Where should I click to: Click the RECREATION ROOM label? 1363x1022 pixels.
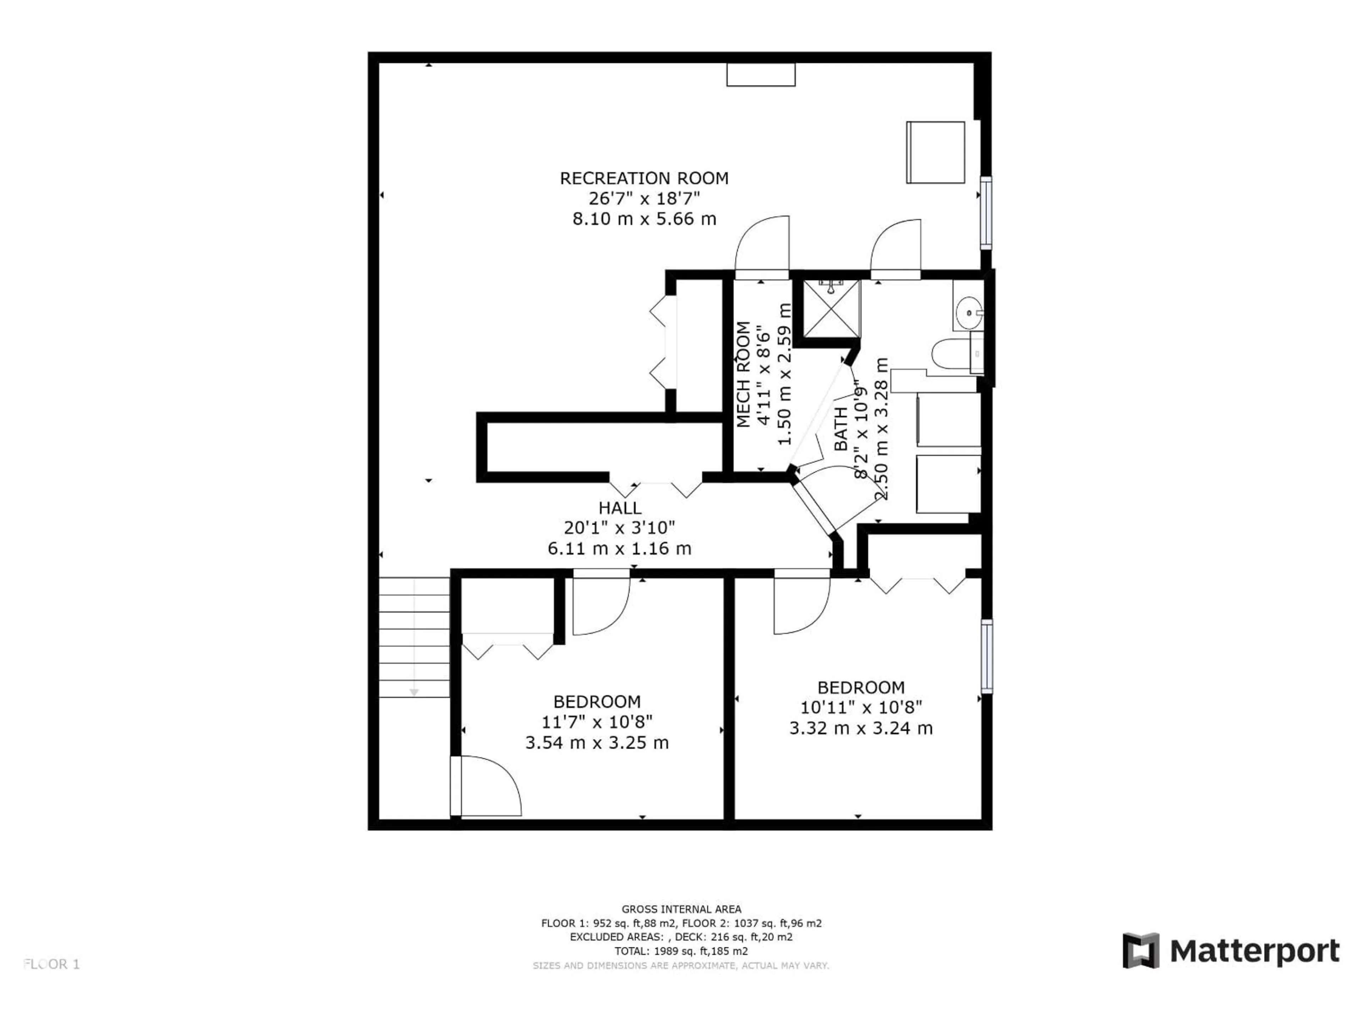pos(644,178)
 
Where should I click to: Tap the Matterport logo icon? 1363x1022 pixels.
pos(1140,951)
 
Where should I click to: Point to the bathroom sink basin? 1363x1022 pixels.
pos(969,313)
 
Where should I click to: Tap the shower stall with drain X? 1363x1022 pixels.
pos(831,309)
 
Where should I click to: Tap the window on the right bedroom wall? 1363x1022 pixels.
pos(986,656)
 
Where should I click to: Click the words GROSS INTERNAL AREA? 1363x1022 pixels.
pos(681,909)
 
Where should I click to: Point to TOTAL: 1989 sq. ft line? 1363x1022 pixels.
pos(681,951)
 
